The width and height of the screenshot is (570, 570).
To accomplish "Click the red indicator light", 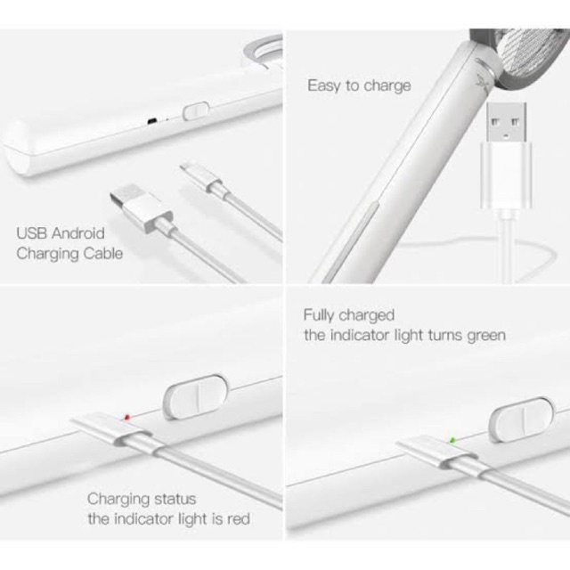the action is tap(126, 417).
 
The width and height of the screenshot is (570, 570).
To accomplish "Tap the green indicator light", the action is tap(452, 440).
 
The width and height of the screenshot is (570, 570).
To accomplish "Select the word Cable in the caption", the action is tap(103, 253).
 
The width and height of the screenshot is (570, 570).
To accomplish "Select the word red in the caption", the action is tap(239, 518).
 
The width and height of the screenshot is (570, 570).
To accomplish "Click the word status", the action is tap(175, 499).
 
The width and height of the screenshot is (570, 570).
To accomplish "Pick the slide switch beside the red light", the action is tap(196, 396).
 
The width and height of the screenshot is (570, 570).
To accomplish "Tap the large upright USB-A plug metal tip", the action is tap(507, 123).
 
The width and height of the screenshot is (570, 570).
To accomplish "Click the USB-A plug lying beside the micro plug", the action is tap(142, 209).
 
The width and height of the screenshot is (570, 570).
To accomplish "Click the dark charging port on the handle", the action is tap(152, 121).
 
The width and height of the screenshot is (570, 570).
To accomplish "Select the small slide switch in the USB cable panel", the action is tap(196, 110).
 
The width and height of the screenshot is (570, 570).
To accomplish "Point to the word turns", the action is tap(445, 335).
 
